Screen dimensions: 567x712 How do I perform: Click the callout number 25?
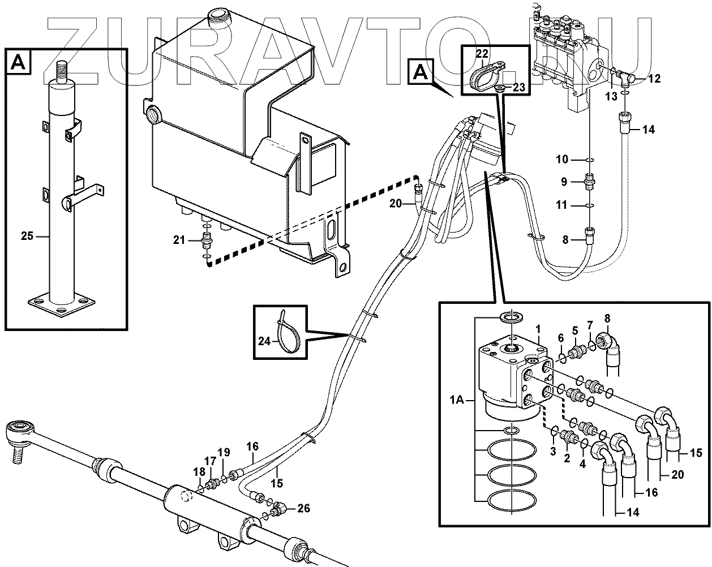tap(27, 237)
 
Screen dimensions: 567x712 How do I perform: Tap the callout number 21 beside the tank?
tap(179, 240)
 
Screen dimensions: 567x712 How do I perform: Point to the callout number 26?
tap(303, 508)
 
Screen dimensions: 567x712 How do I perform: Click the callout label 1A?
tap(457, 400)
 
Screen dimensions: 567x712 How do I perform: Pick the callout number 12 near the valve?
tap(654, 79)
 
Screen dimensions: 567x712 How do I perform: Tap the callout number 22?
tap(482, 54)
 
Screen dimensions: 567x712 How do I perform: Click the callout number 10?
tap(561, 160)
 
